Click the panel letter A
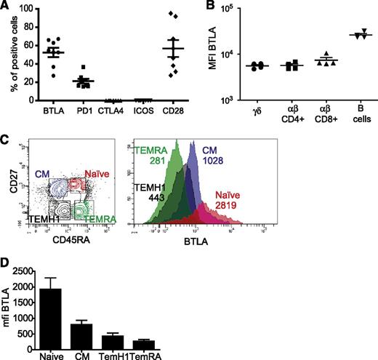coord(6,7)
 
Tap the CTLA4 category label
coord(121,113)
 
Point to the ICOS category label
coord(152,113)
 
